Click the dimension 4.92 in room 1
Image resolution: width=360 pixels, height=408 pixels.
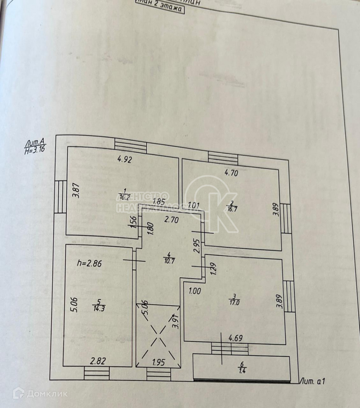[125, 159]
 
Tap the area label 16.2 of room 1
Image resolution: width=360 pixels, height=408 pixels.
[124, 197]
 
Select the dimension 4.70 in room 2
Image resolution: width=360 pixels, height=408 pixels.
[231, 173]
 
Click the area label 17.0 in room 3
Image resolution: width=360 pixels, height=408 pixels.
[235, 303]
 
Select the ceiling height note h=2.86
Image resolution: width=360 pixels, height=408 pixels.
[89, 263]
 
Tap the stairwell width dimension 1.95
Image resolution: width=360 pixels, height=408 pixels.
[158, 362]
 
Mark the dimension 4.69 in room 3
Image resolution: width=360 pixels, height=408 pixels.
[235, 338]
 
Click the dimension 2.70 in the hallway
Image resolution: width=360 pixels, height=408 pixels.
[172, 220]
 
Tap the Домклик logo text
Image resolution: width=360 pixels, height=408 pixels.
[47, 394]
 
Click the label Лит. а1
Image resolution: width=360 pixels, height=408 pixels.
[313, 381]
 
